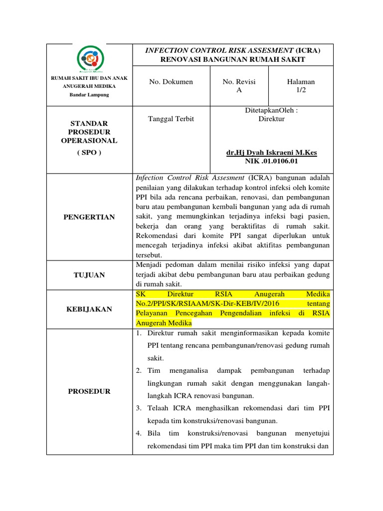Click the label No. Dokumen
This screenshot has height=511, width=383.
click(x=171, y=82)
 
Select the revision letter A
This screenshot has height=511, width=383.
click(x=239, y=90)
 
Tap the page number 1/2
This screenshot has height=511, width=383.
click(x=301, y=90)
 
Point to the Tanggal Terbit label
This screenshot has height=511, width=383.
click(x=172, y=119)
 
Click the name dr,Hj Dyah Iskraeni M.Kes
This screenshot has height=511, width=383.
click(x=271, y=153)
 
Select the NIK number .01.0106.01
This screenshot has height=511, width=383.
click(x=271, y=161)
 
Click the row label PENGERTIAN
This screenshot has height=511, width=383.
click(x=89, y=217)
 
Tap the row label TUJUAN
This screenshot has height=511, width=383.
click(x=89, y=275)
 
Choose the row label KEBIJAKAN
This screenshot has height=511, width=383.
click(x=89, y=309)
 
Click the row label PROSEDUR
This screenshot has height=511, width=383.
click(x=89, y=391)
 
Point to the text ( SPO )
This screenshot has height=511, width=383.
click(x=89, y=153)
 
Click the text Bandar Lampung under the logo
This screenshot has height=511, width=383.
click(x=89, y=94)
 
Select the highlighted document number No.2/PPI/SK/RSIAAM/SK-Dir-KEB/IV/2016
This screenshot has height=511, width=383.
click(x=199, y=304)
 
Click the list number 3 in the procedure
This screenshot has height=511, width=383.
click(x=140, y=408)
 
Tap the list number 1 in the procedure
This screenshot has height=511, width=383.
click(x=140, y=333)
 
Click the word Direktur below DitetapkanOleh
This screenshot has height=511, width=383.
click(x=271, y=119)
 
